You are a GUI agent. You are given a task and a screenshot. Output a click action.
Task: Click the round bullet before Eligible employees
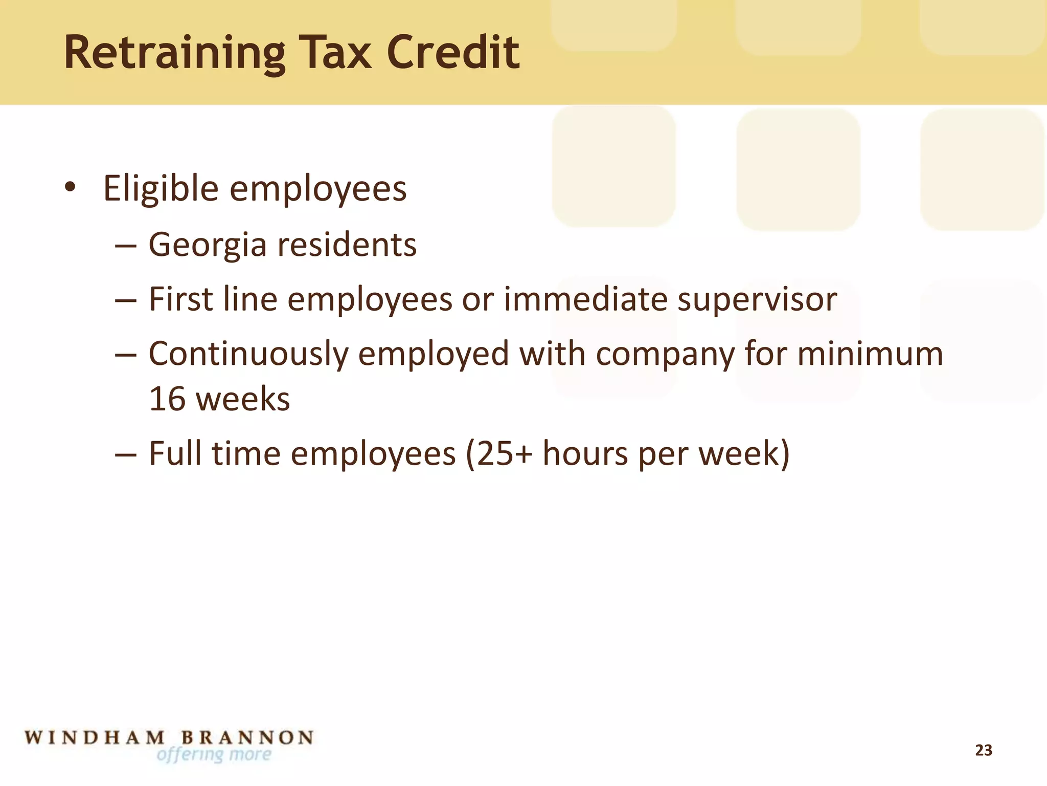click(x=70, y=187)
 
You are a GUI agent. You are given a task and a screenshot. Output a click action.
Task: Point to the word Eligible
click(x=161, y=189)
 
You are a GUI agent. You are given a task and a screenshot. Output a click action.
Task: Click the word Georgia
click(x=208, y=245)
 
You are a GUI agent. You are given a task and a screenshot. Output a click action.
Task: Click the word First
click(x=180, y=299)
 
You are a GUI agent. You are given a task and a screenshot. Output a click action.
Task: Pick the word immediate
click(x=585, y=299)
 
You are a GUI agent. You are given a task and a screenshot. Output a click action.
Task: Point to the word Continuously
click(x=248, y=354)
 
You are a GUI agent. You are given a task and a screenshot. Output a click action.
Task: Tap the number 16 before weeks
click(x=167, y=399)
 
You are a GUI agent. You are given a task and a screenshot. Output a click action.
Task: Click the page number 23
click(x=984, y=750)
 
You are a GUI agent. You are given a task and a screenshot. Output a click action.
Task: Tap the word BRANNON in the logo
click(x=247, y=737)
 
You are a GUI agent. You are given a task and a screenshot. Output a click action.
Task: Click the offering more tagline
click(x=214, y=754)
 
